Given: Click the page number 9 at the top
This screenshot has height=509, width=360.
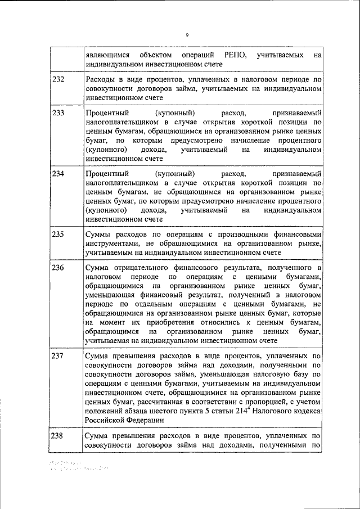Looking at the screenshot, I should (x=187, y=35).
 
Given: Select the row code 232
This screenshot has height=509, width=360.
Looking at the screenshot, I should (x=58, y=80).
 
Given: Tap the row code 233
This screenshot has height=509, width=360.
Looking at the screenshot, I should (x=58, y=112).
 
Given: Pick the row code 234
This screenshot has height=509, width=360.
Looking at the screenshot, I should (x=58, y=173).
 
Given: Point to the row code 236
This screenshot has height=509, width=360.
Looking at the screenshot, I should (x=58, y=267).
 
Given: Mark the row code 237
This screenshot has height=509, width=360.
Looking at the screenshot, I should (x=58, y=356).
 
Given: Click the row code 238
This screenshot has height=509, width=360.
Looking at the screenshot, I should (x=58, y=436).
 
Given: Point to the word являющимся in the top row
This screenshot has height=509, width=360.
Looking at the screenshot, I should (x=108, y=55).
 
